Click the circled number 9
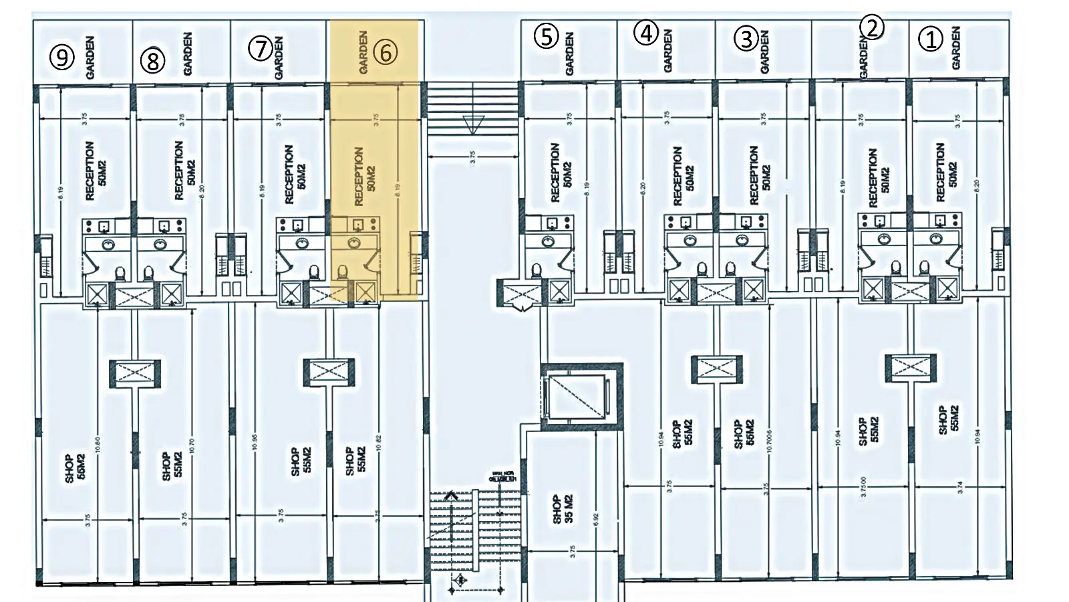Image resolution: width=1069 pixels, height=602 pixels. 62,58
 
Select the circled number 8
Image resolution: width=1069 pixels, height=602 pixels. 152,61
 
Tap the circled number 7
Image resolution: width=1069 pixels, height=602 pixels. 260,48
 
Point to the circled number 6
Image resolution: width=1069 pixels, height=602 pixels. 386,52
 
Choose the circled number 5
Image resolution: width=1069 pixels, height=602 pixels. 546,36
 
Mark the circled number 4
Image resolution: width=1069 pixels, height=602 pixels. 646,33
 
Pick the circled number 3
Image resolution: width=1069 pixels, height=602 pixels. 746,39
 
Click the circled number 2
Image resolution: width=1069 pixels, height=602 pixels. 872,27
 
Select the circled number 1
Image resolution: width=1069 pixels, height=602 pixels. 930,39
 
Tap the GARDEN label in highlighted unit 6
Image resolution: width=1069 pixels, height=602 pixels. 363,52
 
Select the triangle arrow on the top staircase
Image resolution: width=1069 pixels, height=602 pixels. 473,124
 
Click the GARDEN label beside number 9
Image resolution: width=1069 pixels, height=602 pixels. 90,58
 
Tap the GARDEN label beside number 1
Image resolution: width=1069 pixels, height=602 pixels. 955,47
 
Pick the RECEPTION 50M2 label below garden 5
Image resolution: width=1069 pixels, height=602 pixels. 561,173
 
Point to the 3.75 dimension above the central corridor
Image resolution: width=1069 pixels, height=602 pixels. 472,157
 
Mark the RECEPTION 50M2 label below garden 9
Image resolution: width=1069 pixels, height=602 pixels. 96,171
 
